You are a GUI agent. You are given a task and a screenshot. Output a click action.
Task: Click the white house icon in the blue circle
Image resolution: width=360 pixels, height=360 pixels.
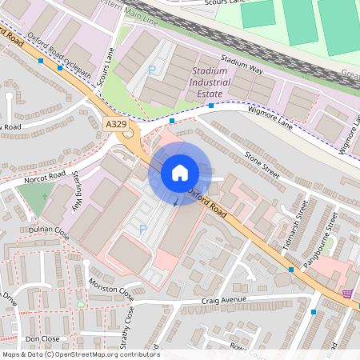(x=179, y=173)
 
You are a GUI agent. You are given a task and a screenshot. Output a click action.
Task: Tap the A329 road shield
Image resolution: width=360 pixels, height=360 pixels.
(x=115, y=124)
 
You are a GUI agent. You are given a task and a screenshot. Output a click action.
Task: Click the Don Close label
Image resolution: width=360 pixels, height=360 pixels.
(x=43, y=339)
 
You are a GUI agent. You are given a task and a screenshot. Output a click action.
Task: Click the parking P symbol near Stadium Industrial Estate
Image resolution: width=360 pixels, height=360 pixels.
(x=152, y=70)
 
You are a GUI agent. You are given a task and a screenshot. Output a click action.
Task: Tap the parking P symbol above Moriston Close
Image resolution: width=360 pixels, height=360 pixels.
(x=143, y=230)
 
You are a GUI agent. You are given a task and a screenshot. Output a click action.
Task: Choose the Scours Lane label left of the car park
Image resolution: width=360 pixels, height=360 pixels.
(x=106, y=69)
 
